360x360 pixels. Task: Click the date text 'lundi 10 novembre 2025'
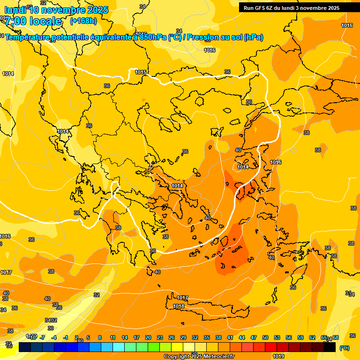[x=56, y=10]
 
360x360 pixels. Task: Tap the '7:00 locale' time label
[x=33, y=21]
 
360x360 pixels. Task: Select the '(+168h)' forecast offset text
[x=83, y=21]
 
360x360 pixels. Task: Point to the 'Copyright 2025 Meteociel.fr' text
[x=199, y=357]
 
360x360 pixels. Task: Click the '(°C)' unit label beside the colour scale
[x=345, y=348]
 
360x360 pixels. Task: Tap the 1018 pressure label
[x=179, y=306]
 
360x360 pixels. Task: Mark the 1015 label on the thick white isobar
[x=141, y=72]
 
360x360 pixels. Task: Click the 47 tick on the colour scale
[x=254, y=337]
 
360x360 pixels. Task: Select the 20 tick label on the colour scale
[x=148, y=337]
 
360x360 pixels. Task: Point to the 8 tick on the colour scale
[x=100, y=337]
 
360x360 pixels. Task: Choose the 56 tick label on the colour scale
[x=289, y=337]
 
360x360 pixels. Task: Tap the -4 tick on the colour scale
[x=54, y=337]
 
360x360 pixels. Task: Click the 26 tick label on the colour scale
[x=172, y=337]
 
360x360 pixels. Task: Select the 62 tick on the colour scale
[x=312, y=337]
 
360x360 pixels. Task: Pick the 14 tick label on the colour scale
[x=125, y=337]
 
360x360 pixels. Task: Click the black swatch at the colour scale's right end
[x=330, y=347]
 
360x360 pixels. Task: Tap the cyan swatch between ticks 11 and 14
[x=119, y=347]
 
